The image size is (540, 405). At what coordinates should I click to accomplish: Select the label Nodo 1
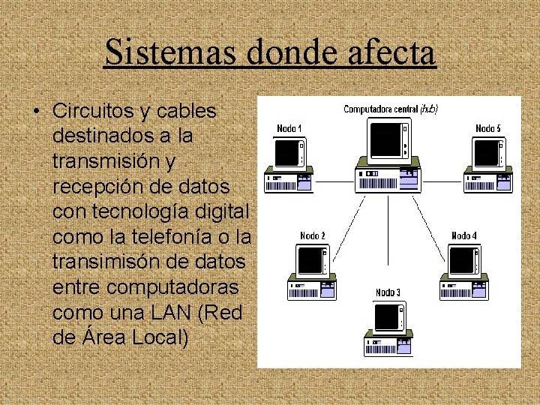(289, 128)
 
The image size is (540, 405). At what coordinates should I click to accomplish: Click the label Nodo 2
(313, 235)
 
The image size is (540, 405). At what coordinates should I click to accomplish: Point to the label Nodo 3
(388, 292)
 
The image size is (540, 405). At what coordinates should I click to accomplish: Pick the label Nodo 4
(464, 235)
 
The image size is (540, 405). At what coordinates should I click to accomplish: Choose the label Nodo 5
(488, 128)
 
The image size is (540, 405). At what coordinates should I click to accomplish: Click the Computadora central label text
(381, 109)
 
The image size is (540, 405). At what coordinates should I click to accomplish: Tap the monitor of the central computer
(388, 140)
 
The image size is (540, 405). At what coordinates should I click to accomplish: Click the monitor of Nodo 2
(310, 261)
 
